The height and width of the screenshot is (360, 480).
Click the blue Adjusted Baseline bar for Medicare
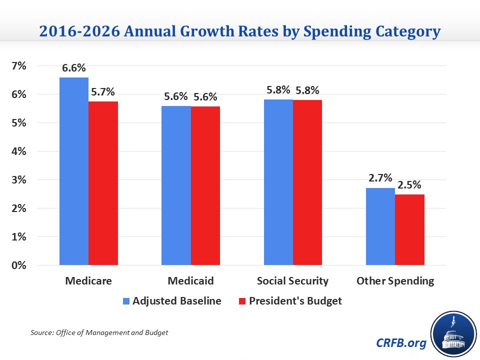(x=74, y=171)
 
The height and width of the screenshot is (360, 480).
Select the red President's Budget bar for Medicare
(x=103, y=183)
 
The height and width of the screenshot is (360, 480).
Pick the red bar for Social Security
(x=307, y=182)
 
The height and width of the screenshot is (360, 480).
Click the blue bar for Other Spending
(x=380, y=226)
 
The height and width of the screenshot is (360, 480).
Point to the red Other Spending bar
(x=409, y=229)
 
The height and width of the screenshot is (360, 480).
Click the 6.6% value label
(x=74, y=68)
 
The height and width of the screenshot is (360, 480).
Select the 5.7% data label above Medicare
(x=103, y=92)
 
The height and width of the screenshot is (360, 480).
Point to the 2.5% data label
(x=410, y=185)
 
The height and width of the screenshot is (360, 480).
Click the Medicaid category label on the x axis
(x=190, y=281)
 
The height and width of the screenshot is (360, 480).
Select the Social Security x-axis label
(x=292, y=281)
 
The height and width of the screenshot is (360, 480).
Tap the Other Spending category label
(x=395, y=281)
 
